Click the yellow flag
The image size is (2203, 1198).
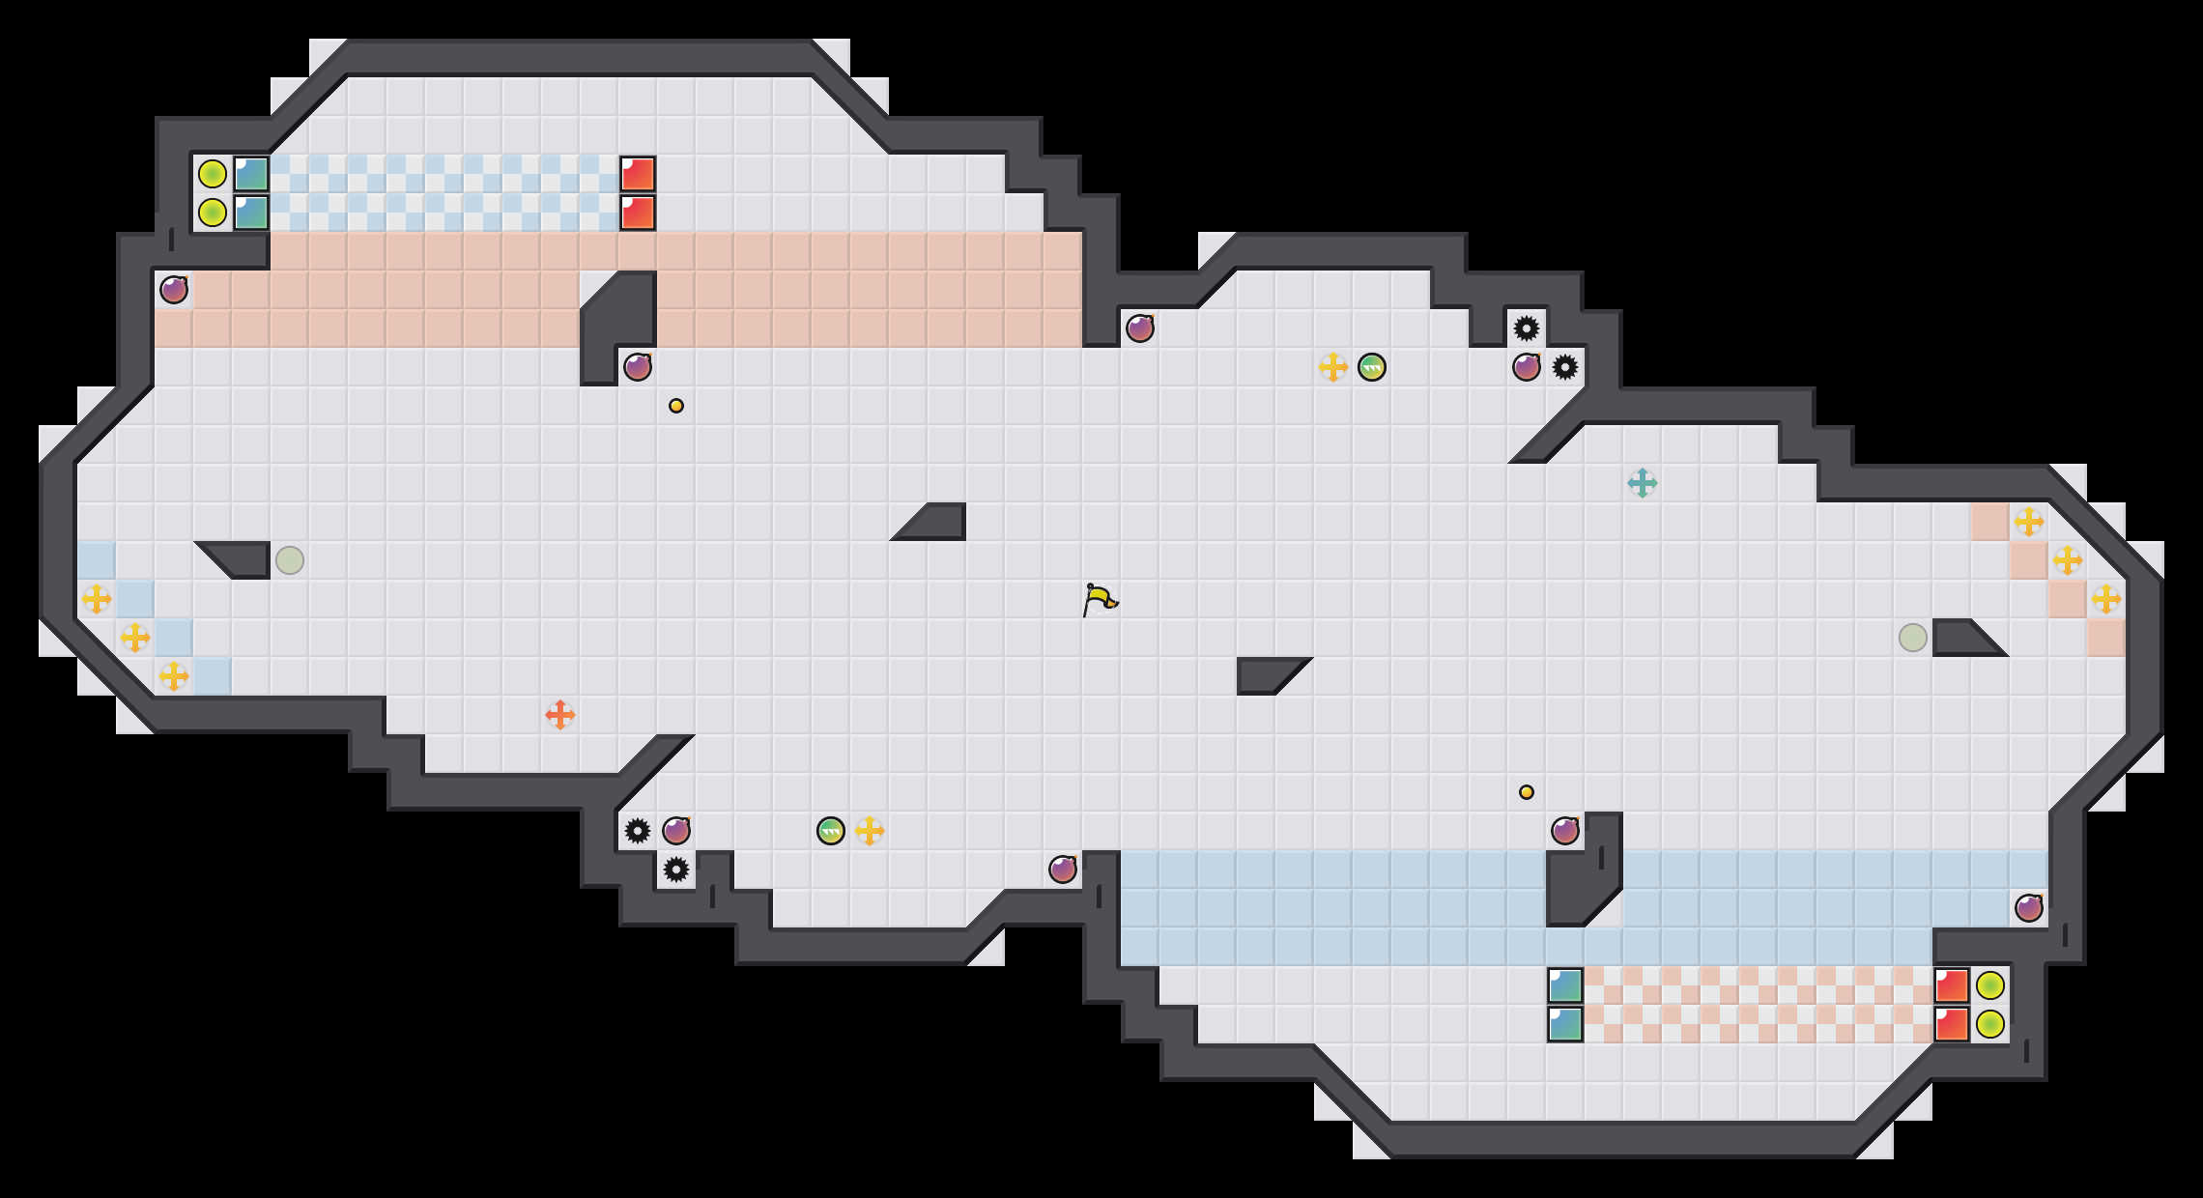click(1100, 600)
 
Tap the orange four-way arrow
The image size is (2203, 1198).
click(560, 715)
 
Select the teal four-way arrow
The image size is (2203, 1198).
click(1643, 483)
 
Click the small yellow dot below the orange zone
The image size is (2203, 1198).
click(676, 406)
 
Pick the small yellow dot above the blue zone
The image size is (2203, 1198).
click(1527, 792)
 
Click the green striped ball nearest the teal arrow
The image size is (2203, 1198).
click(1372, 367)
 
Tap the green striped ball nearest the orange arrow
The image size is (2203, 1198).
click(831, 831)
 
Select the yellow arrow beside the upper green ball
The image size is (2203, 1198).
click(1333, 367)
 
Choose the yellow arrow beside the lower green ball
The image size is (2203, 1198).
click(870, 831)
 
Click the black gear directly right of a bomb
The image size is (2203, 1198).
click(1565, 367)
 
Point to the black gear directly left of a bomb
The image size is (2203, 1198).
click(638, 831)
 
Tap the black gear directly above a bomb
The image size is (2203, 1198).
click(1527, 328)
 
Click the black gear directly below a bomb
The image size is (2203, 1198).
click(676, 870)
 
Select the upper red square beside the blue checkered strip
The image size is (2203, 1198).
click(638, 174)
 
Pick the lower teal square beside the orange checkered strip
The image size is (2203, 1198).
click(1565, 1024)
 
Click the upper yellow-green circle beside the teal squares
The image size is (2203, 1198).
click(213, 174)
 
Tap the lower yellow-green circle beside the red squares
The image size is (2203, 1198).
click(1990, 1024)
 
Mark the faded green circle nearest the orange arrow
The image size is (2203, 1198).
click(290, 560)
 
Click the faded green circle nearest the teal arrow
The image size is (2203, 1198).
click(1913, 638)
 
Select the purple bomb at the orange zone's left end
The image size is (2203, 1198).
click(174, 290)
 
